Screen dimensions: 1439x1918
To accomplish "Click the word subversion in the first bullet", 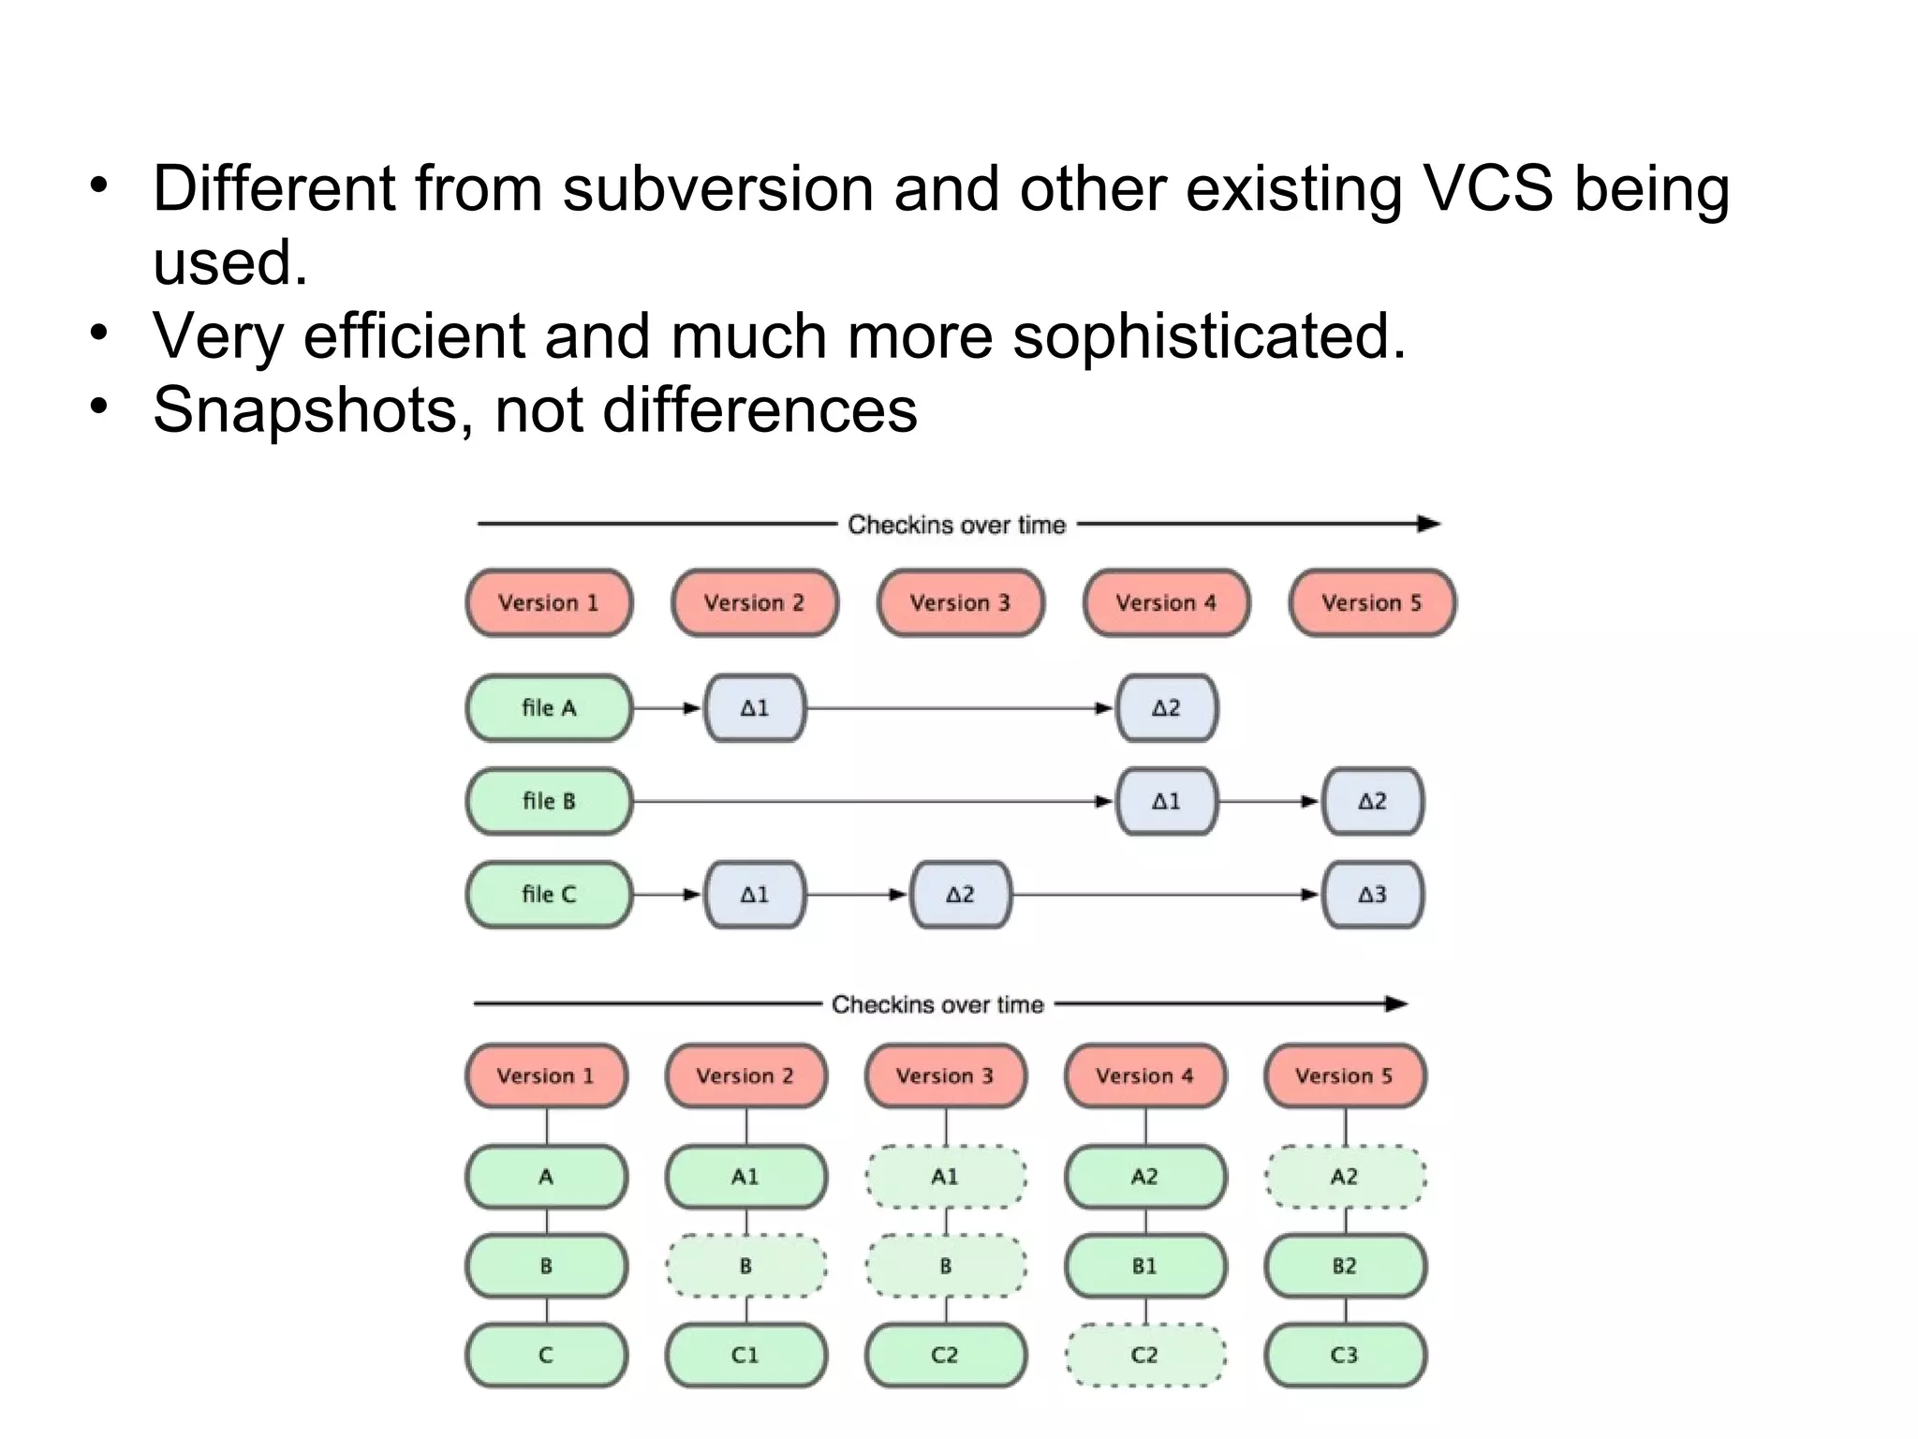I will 718,189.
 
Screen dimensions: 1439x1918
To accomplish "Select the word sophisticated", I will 1209,336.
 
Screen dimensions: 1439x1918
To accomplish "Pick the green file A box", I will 549,708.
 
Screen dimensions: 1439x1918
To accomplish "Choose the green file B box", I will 549,801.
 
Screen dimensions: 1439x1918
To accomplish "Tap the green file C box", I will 549,895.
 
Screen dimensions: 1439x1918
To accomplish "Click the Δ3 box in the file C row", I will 1372,895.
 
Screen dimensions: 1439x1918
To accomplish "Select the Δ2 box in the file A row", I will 1166,708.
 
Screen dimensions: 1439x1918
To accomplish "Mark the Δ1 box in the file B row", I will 1166,801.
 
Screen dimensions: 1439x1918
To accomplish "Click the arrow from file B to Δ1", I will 871,801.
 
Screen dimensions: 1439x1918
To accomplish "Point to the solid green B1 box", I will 1144,1267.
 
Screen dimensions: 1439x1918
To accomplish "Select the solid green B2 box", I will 1345,1267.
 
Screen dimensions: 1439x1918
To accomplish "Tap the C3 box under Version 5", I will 1345,1356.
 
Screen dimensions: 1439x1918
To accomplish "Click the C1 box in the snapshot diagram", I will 745,1356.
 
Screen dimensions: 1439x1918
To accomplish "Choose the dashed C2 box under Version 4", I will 1144,1356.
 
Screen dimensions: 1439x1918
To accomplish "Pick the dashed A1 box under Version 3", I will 945,1177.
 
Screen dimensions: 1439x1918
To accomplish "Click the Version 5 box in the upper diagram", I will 1372,602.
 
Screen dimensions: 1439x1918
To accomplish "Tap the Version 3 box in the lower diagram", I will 945,1076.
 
